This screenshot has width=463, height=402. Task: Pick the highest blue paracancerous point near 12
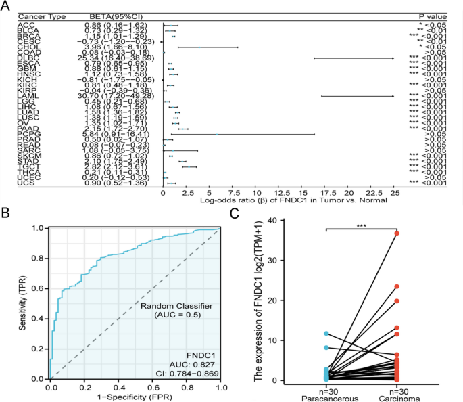326,334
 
